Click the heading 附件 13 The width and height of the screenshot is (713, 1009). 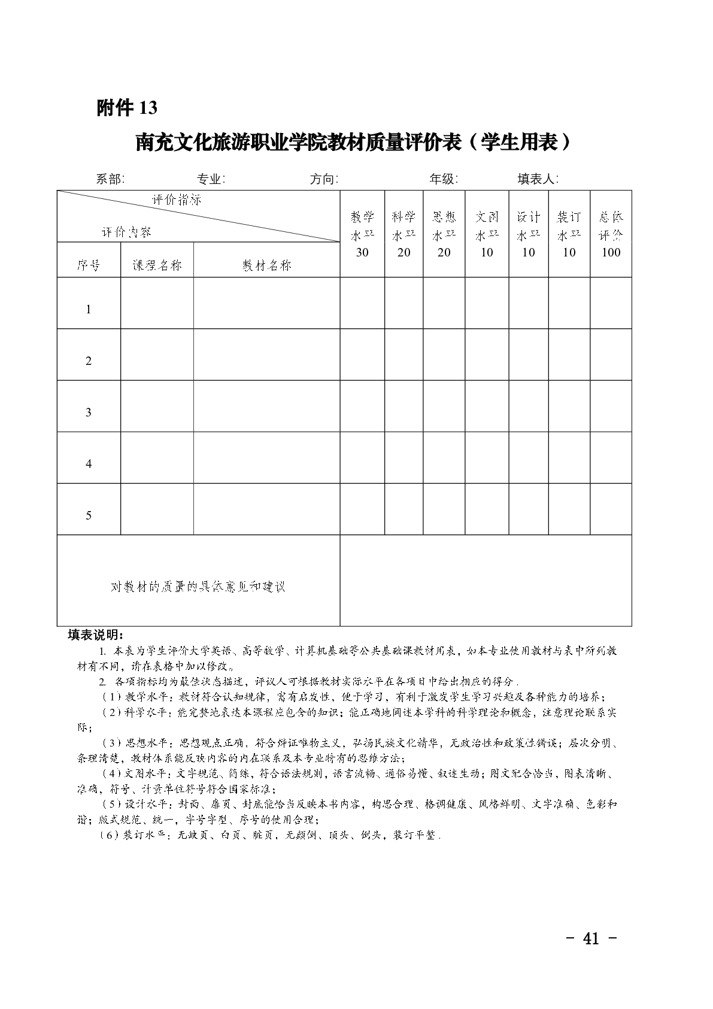127,108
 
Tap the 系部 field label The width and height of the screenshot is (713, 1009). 110,179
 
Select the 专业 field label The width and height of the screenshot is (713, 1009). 211,179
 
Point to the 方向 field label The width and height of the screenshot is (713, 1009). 324,179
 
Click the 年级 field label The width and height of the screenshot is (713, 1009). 444,179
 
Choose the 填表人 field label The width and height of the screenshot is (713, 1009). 538,179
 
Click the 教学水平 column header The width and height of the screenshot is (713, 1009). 362,225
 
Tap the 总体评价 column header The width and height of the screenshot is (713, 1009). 611,225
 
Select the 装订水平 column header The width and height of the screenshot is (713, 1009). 569,225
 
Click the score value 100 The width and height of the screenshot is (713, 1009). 611,252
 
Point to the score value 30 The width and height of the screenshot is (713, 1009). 362,252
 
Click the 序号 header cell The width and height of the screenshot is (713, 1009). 89,265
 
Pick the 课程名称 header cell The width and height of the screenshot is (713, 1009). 157,265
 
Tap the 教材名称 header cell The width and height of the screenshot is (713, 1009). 266,265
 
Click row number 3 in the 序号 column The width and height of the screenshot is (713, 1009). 89,412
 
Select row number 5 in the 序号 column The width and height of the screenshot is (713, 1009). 89,515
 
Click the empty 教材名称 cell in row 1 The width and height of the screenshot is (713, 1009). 266,303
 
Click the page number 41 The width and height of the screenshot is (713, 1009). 591,938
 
